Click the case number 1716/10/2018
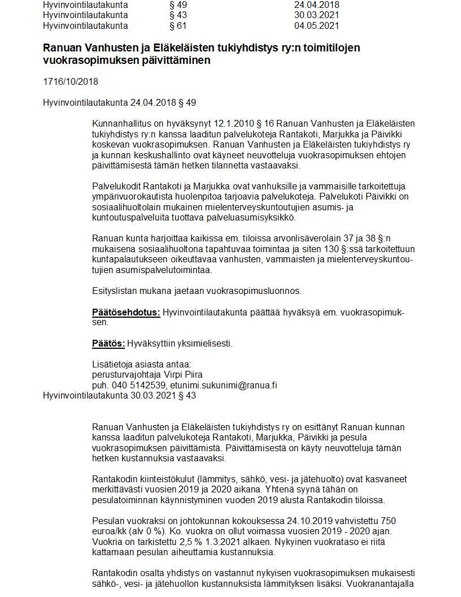coord(71,81)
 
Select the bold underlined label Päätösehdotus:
coord(126,313)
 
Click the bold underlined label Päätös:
coord(108,344)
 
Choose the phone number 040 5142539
coord(136,385)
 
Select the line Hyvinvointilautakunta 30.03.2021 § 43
coord(120,396)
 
